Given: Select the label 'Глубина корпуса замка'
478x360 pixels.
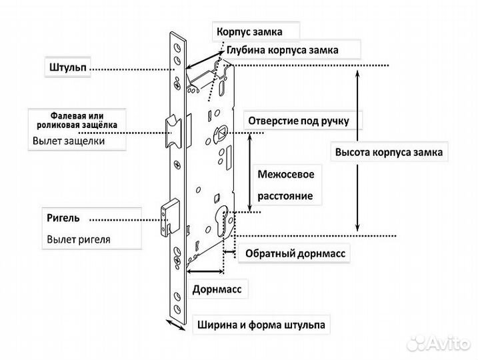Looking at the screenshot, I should click(282, 50).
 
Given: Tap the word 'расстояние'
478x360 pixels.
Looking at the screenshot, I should click(285, 198).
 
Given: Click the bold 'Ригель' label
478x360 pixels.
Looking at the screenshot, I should click(64, 218).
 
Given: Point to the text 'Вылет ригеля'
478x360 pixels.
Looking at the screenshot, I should click(79, 239).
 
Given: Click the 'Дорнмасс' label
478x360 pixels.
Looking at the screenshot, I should click(216, 290).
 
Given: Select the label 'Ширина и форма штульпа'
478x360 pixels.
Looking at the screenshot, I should click(261, 325).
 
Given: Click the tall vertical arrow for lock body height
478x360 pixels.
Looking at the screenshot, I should click(359, 149).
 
